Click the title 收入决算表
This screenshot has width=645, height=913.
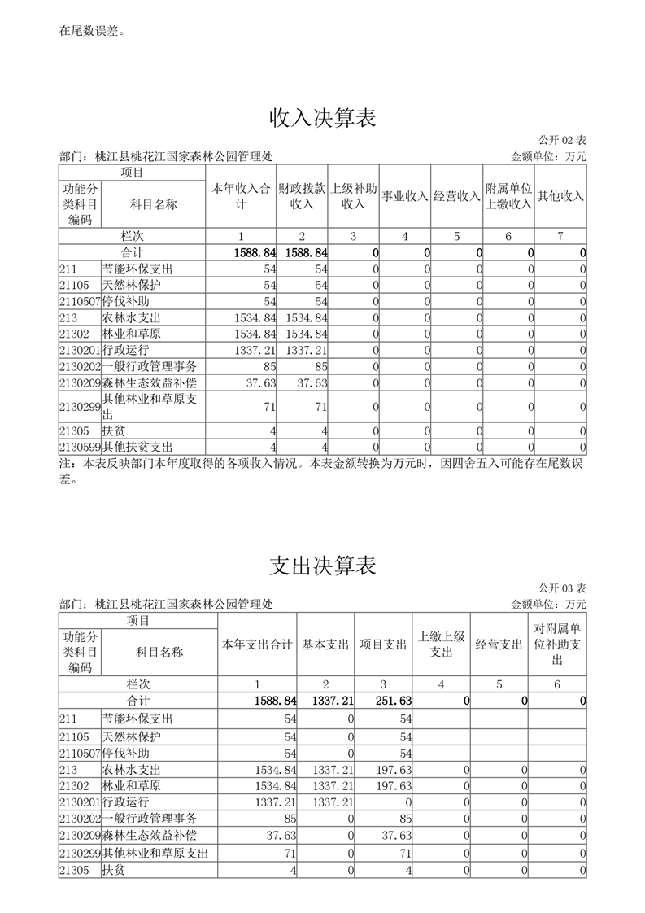pyautogui.click(x=322, y=119)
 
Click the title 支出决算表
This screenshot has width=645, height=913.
pyautogui.click(x=322, y=566)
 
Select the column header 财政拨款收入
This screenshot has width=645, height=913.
pyautogui.click(x=302, y=196)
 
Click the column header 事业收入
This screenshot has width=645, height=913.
pyautogui.click(x=405, y=196)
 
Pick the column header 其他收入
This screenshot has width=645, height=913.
pyautogui.click(x=560, y=196)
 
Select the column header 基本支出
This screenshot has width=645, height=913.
pyautogui.click(x=326, y=644)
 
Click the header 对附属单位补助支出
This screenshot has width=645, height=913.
pyautogui.click(x=557, y=644)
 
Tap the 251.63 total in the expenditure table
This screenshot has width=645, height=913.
pyautogui.click(x=394, y=701)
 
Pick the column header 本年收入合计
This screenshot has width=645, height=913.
pyautogui.click(x=241, y=196)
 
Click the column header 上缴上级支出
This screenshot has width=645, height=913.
pyautogui.click(x=441, y=644)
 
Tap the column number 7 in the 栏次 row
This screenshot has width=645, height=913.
pyautogui.click(x=560, y=236)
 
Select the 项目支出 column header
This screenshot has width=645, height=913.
pyautogui.click(x=384, y=644)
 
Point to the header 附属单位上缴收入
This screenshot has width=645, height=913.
pyautogui.click(x=508, y=196)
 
